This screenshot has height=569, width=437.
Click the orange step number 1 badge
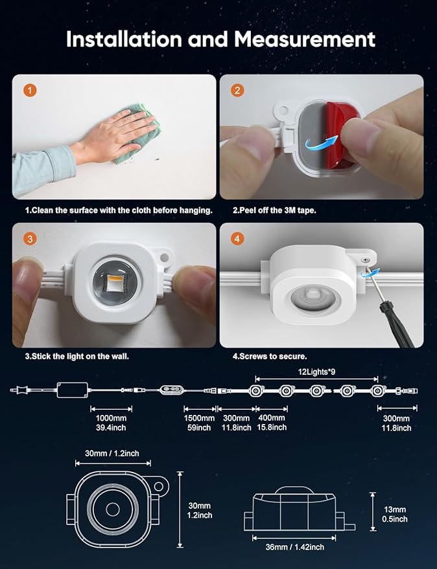(x=30, y=91)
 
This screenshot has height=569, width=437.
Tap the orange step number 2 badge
(x=237, y=91)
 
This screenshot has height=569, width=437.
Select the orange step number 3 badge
(x=30, y=239)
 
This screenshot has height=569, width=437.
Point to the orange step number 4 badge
(x=237, y=239)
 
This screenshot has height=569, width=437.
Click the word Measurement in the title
(x=304, y=39)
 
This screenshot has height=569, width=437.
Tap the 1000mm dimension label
(x=112, y=418)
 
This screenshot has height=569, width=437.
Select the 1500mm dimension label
(x=199, y=418)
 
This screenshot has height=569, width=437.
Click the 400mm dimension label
(x=272, y=418)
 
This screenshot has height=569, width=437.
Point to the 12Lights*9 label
(x=316, y=372)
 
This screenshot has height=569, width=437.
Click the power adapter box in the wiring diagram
(x=73, y=390)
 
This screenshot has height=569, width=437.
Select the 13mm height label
(x=395, y=509)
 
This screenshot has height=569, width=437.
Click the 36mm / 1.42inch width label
(x=294, y=547)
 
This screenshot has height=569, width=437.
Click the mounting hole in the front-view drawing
(x=158, y=486)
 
